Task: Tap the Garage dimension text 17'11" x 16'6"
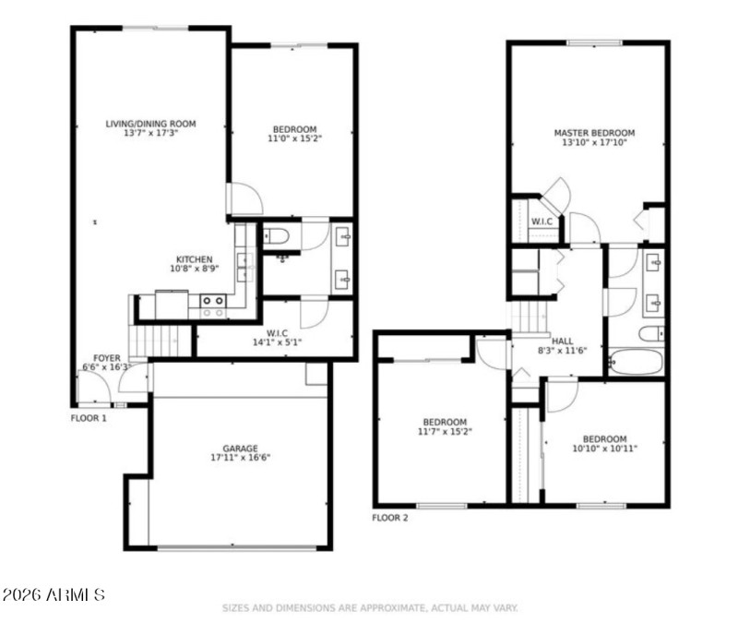click(239, 457)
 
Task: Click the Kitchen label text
click(195, 259)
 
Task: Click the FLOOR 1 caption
click(89, 418)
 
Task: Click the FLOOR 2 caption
click(389, 518)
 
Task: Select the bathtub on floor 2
click(636, 361)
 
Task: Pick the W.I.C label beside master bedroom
click(541, 222)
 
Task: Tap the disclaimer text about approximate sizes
click(369, 608)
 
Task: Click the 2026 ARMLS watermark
click(54, 594)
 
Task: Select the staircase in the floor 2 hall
click(530, 319)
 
